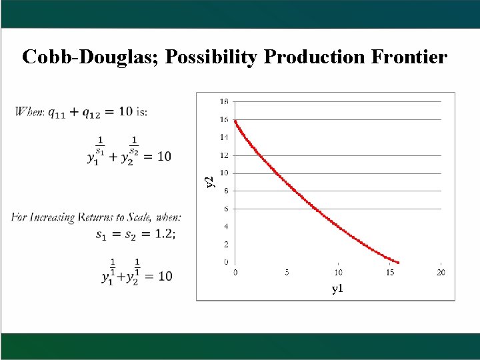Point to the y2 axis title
click(209, 181)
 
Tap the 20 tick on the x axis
click(441, 272)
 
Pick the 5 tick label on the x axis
click(287, 272)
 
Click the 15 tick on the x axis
click(389, 272)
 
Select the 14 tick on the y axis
click(224, 137)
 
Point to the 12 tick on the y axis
click(224, 155)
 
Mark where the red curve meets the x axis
click(399, 262)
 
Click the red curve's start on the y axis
click(235, 120)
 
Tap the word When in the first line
click(28, 111)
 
